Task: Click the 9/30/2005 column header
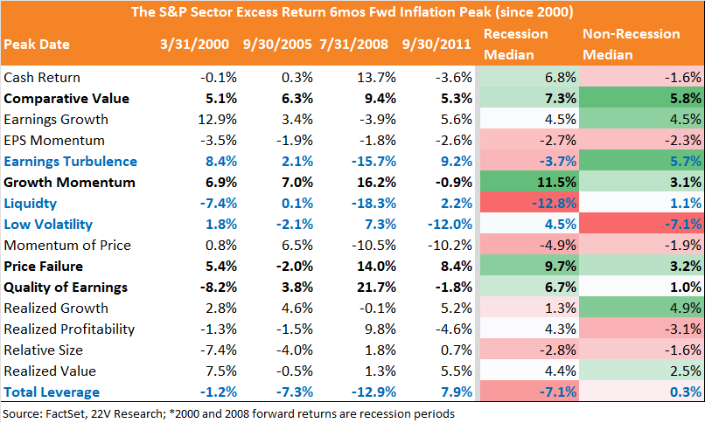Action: (x=277, y=44)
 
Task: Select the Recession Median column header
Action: (x=516, y=44)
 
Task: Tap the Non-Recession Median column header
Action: (x=632, y=44)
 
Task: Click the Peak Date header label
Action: (x=37, y=44)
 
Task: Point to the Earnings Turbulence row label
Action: (x=71, y=161)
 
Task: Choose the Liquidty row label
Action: (x=30, y=204)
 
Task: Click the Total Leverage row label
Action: (x=52, y=392)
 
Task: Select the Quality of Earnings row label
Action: (x=66, y=288)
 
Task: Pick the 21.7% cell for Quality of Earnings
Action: (x=376, y=287)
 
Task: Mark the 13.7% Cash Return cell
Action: (x=376, y=77)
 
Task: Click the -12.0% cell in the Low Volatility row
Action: (x=450, y=224)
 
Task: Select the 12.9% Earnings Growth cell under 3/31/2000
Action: (x=217, y=119)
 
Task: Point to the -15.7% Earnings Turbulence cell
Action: (x=374, y=161)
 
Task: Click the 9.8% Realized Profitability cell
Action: (x=380, y=329)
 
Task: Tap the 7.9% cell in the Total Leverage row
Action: (x=457, y=392)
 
